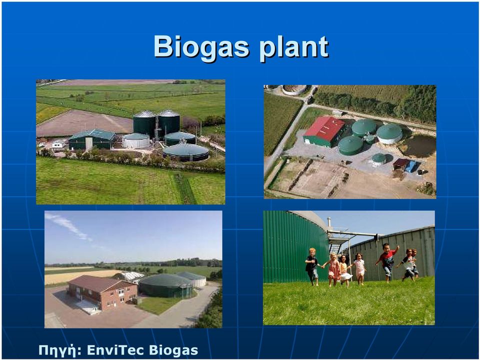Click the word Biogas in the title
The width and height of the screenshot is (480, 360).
[x=201, y=47]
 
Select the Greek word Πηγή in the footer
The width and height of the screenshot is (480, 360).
[x=57, y=350]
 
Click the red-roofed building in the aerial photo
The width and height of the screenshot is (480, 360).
[x=324, y=131]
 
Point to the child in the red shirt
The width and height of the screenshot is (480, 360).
[x=387, y=261]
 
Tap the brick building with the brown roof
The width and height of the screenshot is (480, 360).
[x=102, y=291]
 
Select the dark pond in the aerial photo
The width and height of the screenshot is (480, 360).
[x=418, y=145]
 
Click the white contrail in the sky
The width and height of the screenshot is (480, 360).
[x=68, y=225]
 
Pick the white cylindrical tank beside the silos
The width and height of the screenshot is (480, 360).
[x=136, y=140]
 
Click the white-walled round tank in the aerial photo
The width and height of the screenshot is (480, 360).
[x=389, y=133]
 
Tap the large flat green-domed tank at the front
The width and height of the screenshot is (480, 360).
[x=186, y=152]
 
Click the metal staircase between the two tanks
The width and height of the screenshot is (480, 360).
[x=336, y=243]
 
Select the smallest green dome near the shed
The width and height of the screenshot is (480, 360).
[x=378, y=158]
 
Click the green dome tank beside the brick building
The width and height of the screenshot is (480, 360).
[x=166, y=286]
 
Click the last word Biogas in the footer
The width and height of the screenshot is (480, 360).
[x=173, y=350]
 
